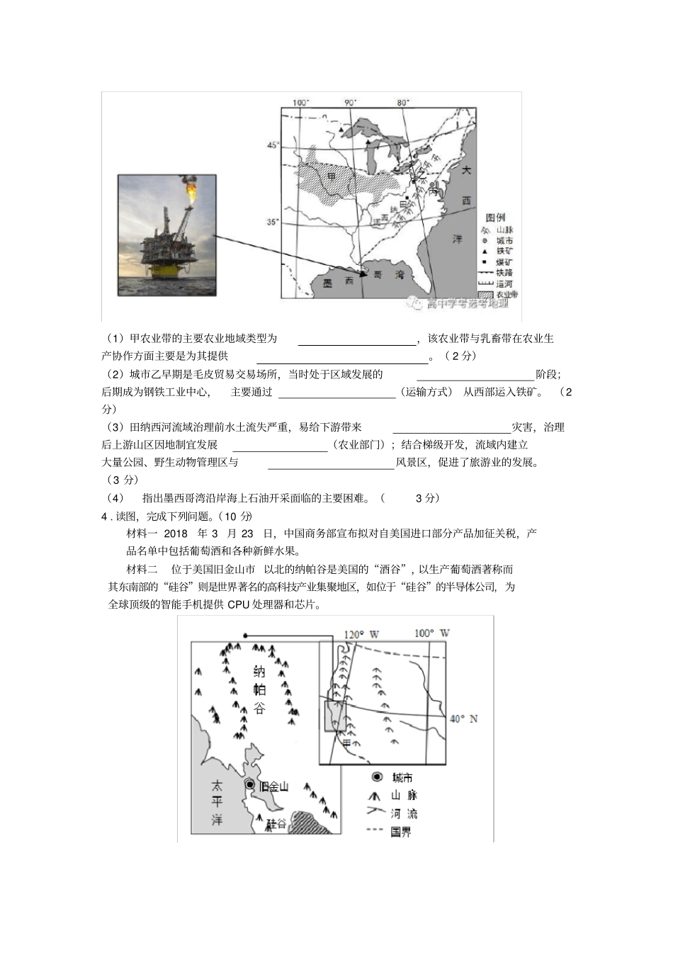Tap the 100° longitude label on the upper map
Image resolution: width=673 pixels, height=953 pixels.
point(300,102)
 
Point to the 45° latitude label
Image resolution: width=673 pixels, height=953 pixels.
point(273,145)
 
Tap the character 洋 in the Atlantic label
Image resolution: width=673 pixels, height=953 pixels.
point(458,239)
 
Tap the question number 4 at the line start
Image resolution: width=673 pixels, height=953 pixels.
point(104,517)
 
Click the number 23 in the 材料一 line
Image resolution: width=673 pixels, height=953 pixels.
point(247,534)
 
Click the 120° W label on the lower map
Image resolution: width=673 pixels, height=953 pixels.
point(361,634)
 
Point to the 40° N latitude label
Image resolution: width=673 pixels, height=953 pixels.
point(464,718)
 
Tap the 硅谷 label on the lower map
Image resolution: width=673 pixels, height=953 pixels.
point(276,823)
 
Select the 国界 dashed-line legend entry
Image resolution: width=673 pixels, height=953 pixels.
point(400,832)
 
